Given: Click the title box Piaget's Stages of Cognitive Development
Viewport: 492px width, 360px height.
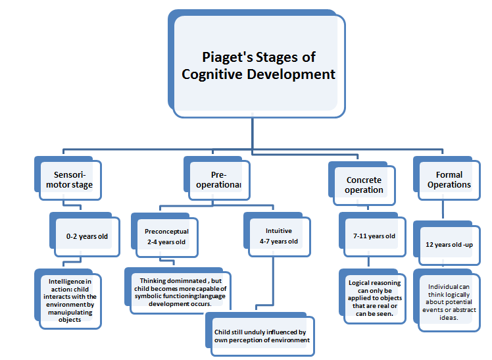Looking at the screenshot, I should coord(258,65).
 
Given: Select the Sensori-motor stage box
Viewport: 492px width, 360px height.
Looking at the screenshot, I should coord(74,180).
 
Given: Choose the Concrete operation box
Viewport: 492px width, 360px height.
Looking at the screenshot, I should coord(364,185).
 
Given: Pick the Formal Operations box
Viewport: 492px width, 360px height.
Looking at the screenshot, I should coord(445,180).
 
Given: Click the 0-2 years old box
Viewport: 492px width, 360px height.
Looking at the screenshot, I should coord(88,236).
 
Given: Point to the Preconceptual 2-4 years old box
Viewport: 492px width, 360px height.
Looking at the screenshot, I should coord(166,237).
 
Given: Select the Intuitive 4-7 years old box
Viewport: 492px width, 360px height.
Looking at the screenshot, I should coord(279,236).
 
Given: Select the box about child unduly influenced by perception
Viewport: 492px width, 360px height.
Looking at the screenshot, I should coord(260,336).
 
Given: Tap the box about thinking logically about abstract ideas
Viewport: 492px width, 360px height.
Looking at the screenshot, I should coord(447,302).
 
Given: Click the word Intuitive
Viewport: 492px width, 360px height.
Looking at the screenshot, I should coord(279,231).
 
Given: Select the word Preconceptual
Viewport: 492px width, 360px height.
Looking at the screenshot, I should coord(166,232).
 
